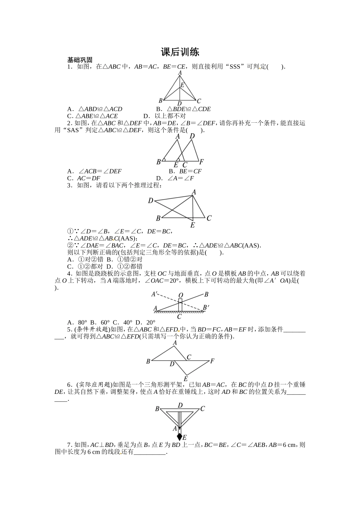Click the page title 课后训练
tap(180, 52)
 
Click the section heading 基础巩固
tap(80, 60)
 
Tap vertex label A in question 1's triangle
tap(180, 72)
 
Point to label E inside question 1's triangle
tap(182, 85)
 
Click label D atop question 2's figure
tap(192, 136)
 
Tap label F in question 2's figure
tap(202, 162)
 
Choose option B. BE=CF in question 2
tap(185, 171)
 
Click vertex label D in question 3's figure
tap(150, 200)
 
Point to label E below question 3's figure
tap(193, 225)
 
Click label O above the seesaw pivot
tap(180, 295)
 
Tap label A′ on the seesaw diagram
tap(155, 294)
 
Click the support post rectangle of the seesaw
tap(180, 305)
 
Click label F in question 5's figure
tap(212, 361)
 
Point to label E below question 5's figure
tap(186, 379)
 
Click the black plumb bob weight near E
tap(180, 436)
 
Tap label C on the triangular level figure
tap(202, 409)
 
